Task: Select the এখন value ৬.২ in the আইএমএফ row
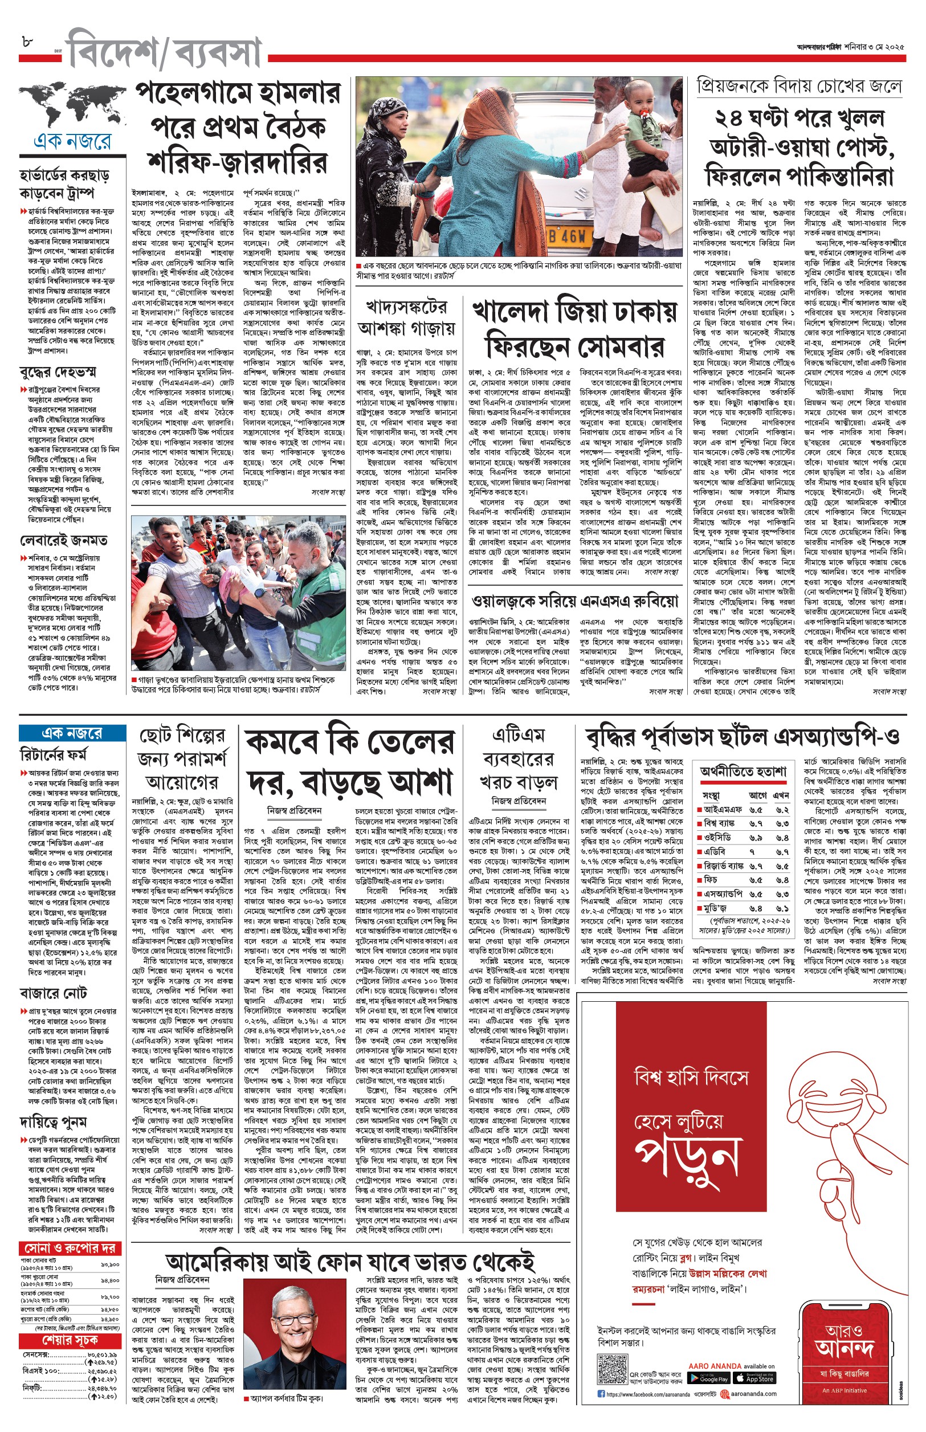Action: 782,809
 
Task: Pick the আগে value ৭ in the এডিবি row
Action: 752,852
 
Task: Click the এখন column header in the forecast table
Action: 781,795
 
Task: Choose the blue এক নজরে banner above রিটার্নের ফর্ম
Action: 72,733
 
